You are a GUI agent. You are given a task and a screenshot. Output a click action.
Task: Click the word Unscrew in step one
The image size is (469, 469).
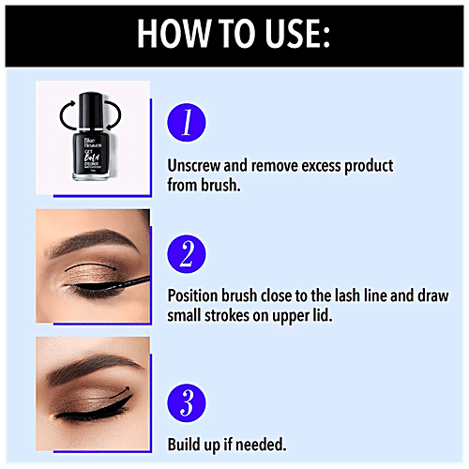(x=195, y=165)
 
